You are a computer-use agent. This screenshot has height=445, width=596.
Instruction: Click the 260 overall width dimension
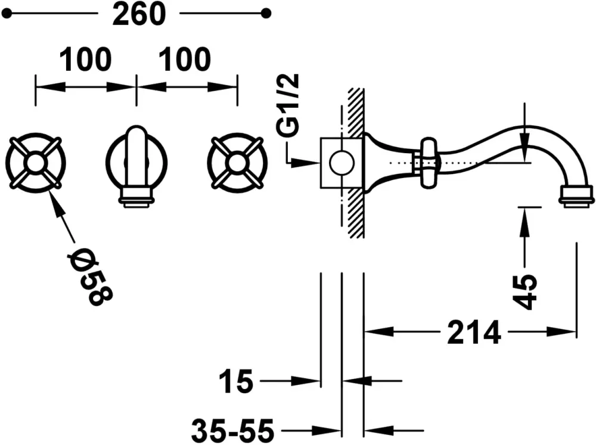tap(139, 14)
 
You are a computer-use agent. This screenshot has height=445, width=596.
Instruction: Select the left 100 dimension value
tap(85, 60)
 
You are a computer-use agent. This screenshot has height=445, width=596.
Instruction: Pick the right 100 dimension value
tap(185, 60)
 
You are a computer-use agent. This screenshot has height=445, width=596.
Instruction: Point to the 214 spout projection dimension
tap(474, 332)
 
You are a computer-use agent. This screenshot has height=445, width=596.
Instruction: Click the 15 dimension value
tap(235, 381)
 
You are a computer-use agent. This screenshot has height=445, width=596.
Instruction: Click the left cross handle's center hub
tap(35, 163)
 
